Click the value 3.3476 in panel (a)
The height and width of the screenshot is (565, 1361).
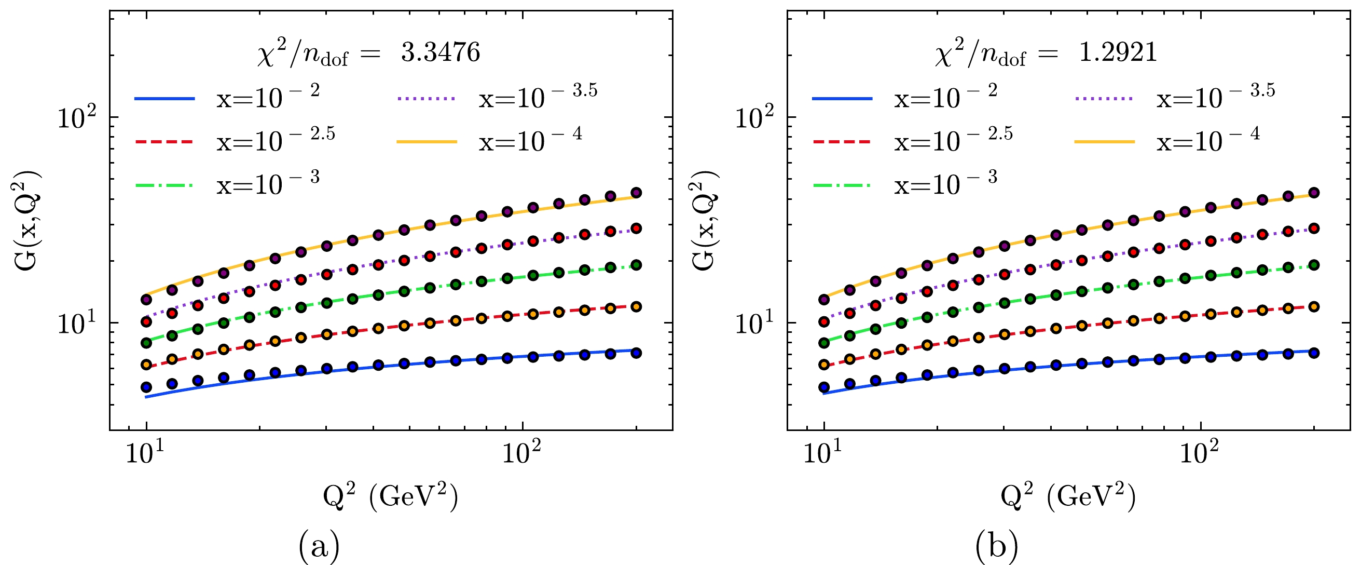(440, 52)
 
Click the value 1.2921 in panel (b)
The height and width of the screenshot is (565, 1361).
(1118, 52)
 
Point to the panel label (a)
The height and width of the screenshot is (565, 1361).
(319, 547)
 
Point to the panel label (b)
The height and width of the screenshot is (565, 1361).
(997, 547)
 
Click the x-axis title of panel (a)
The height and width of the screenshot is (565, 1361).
(390, 497)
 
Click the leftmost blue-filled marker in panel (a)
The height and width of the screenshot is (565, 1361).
(146, 387)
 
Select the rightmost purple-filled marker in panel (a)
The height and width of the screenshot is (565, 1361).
(636, 192)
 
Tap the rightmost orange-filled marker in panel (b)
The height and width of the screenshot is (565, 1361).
(1314, 306)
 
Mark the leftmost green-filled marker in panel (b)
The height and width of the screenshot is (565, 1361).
(823, 343)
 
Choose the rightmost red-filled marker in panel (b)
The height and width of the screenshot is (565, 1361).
(1314, 228)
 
